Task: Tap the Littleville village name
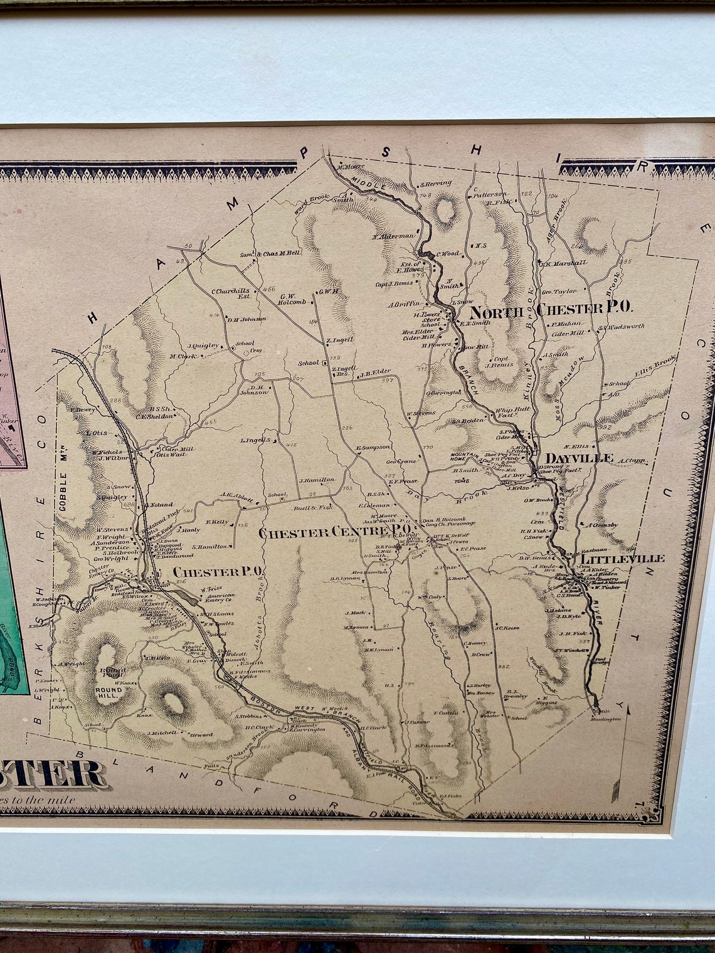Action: pos(613,558)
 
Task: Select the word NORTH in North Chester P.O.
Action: pos(497,312)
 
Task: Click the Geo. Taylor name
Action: pos(558,292)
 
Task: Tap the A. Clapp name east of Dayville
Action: pos(632,461)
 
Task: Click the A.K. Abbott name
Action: pos(235,498)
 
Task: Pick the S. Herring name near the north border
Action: pos(436,184)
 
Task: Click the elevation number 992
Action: pos(605,427)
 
